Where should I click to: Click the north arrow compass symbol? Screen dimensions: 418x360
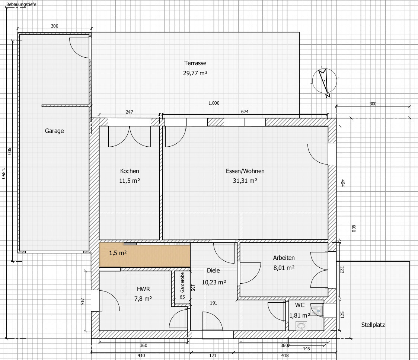click(x=325, y=82)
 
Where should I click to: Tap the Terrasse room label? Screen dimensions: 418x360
click(x=195, y=63)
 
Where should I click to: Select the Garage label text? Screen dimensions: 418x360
click(x=54, y=131)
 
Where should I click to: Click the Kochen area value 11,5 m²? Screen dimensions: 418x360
click(x=130, y=181)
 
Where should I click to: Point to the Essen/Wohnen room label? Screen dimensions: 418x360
click(x=245, y=171)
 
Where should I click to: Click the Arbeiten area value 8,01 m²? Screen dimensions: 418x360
click(x=284, y=268)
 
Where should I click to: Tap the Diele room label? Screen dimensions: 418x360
click(x=213, y=270)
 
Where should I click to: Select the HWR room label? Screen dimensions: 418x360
click(x=143, y=289)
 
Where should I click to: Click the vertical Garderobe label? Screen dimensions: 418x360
click(x=182, y=283)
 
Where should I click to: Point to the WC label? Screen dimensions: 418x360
click(x=300, y=305)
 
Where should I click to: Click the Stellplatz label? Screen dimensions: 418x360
click(x=373, y=325)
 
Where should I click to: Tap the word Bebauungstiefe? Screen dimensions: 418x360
click(x=21, y=4)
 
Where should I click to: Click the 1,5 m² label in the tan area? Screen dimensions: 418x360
click(x=118, y=253)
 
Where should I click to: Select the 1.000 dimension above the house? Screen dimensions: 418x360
click(x=214, y=103)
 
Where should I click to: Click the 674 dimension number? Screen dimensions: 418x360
click(x=245, y=111)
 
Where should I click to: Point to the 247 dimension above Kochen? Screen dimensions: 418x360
click(x=129, y=112)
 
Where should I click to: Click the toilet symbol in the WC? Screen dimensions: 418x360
click(x=318, y=310)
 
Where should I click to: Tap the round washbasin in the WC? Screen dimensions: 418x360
click(x=301, y=326)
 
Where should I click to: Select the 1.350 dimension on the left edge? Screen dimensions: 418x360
click(x=3, y=173)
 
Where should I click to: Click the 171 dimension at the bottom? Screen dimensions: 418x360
click(x=213, y=355)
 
